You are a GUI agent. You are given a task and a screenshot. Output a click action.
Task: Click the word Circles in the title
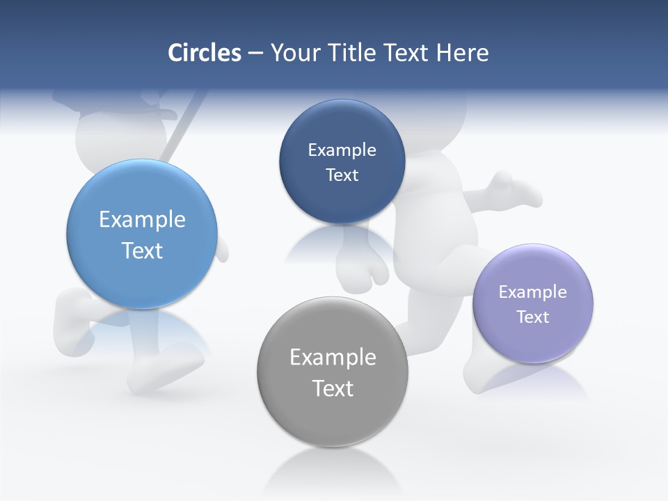(x=205, y=53)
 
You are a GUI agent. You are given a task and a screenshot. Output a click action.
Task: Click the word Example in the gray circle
(x=333, y=358)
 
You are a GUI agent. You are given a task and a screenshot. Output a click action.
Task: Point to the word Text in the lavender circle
(x=533, y=317)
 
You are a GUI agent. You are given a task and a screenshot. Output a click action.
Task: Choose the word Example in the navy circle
(x=342, y=150)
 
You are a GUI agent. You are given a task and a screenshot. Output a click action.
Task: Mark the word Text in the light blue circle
(x=142, y=250)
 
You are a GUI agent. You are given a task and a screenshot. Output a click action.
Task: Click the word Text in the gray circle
(x=333, y=388)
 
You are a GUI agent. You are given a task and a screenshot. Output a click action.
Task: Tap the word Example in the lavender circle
(x=533, y=292)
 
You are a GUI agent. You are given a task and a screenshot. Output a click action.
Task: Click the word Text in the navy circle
(x=342, y=175)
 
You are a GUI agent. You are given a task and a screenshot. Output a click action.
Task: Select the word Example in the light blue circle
(x=142, y=220)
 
